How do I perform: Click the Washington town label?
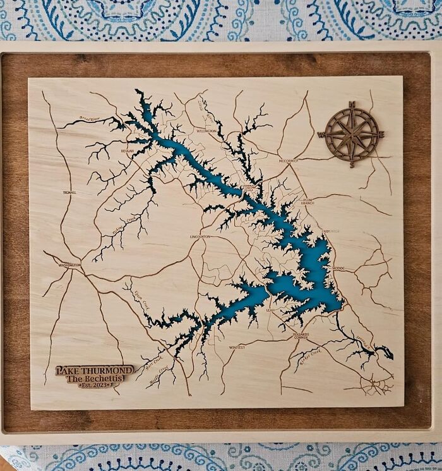coord(69,265)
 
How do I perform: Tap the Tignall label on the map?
coord(69,192)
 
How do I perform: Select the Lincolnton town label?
coord(200,236)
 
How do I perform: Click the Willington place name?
coord(206,131)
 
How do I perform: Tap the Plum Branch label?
coord(308,200)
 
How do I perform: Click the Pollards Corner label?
coord(301,336)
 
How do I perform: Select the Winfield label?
coord(236,347)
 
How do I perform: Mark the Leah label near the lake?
coord(271,310)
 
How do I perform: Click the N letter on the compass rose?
coord(352,105)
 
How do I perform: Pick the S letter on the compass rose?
coord(352,164)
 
